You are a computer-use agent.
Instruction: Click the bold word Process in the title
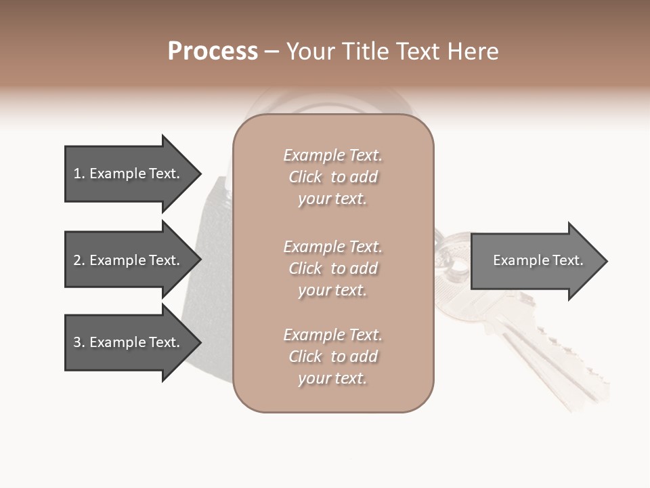213,52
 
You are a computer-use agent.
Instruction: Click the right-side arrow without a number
535,261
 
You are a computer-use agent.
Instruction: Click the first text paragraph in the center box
332,177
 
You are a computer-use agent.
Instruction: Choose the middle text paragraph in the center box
332,268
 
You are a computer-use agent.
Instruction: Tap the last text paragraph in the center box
332,357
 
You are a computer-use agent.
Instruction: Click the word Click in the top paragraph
305,177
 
